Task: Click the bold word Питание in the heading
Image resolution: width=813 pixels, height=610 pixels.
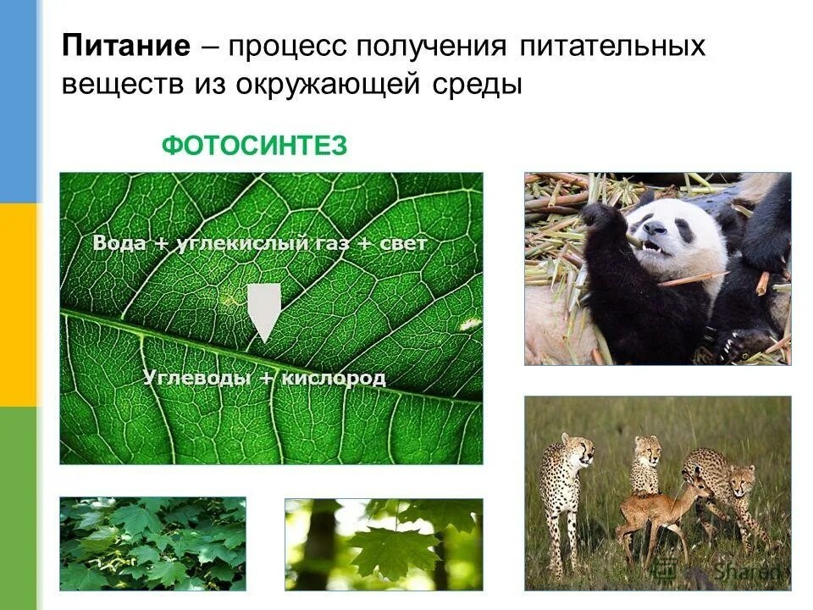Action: (x=125, y=46)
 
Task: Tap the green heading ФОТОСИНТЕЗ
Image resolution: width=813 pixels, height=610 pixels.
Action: (x=254, y=147)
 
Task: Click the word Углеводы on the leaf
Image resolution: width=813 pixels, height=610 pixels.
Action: (x=194, y=378)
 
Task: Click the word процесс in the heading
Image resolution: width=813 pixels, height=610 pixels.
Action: (x=288, y=46)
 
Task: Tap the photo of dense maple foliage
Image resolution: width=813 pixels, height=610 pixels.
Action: (x=152, y=543)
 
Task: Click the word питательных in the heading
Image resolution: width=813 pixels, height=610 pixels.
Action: (x=610, y=46)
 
